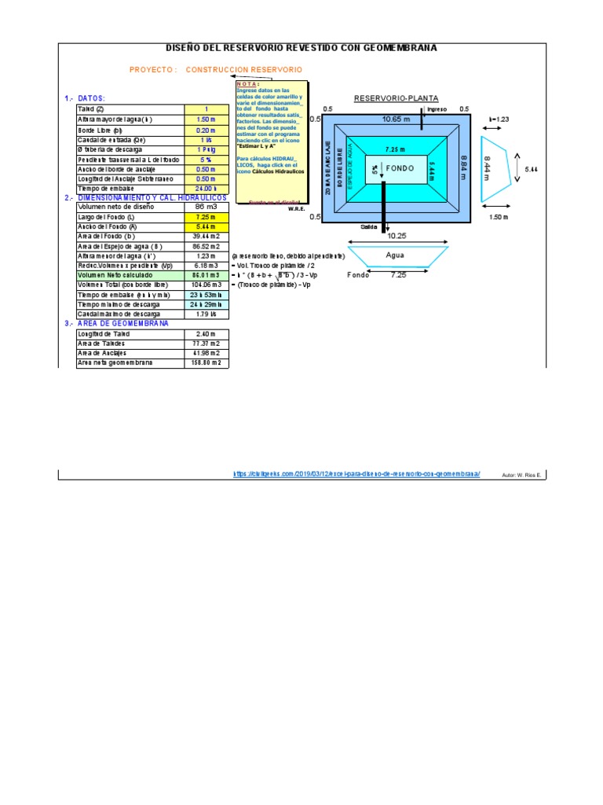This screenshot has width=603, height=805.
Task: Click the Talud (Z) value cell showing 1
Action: pos(206,108)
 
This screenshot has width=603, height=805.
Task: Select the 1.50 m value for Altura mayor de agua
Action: pos(206,119)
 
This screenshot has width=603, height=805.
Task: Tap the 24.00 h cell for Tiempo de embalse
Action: pos(206,189)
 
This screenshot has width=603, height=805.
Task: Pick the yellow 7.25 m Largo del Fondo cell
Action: pos(206,217)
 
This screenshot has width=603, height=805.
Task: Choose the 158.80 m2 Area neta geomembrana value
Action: pos(206,363)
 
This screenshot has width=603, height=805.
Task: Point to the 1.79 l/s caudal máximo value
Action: pos(206,314)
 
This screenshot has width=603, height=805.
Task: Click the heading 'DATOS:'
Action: pos(90,98)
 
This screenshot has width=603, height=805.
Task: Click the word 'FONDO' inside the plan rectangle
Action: pos(400,169)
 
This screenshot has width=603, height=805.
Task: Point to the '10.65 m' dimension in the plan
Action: pos(396,119)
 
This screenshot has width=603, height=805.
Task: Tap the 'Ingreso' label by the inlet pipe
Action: pos(437,109)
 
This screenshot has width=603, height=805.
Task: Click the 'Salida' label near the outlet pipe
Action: pos(369,226)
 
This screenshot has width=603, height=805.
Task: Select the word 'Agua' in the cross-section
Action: pos(395,255)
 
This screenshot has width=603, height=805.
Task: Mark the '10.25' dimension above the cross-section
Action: pos(395,236)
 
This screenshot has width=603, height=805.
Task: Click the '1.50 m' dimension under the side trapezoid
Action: pos(499,217)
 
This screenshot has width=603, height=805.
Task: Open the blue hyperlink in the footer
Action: pos(356,474)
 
